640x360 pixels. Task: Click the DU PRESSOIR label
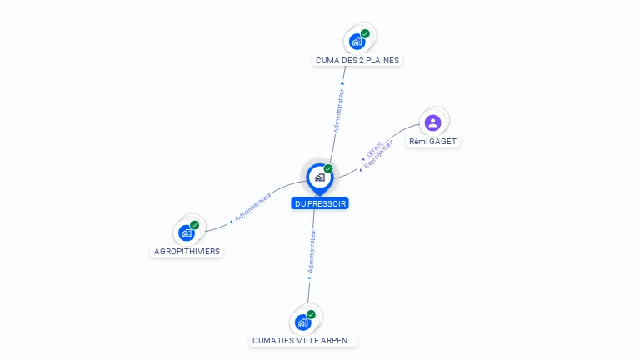click(320, 203)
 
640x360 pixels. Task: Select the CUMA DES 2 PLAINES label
click(357, 60)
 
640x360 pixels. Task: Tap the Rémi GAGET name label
click(432, 141)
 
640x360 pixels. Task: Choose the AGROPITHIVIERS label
click(187, 251)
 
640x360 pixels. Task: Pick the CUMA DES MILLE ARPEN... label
click(302, 340)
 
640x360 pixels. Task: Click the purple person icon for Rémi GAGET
click(432, 122)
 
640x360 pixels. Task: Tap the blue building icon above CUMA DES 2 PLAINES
click(357, 42)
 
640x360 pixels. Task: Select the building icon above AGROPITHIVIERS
click(187, 232)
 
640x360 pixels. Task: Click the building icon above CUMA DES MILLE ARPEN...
click(302, 322)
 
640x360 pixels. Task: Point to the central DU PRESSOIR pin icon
click(320, 179)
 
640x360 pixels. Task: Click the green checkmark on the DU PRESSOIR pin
click(328, 168)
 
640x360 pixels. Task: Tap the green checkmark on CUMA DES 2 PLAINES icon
click(365, 34)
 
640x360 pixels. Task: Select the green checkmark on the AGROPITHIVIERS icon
click(195, 225)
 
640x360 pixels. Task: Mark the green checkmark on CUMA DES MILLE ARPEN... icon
click(311, 315)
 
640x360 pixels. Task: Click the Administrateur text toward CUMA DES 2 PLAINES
click(339, 111)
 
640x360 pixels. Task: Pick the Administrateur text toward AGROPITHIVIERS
click(253, 207)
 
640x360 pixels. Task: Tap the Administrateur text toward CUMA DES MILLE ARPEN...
click(312, 252)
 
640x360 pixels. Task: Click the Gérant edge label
click(374, 149)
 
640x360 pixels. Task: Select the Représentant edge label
click(379, 154)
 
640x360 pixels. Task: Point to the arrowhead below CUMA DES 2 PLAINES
click(342, 83)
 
